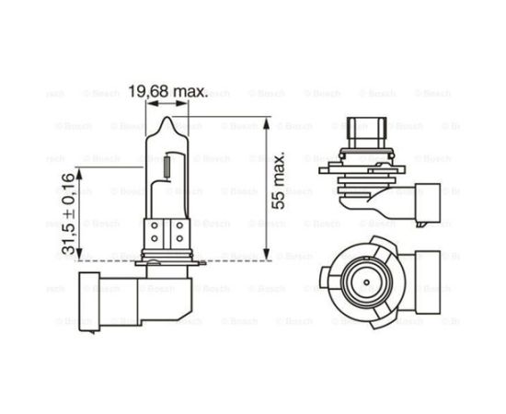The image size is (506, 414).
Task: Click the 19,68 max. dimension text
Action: (167, 92)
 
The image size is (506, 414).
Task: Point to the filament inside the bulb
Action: (167, 168)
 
